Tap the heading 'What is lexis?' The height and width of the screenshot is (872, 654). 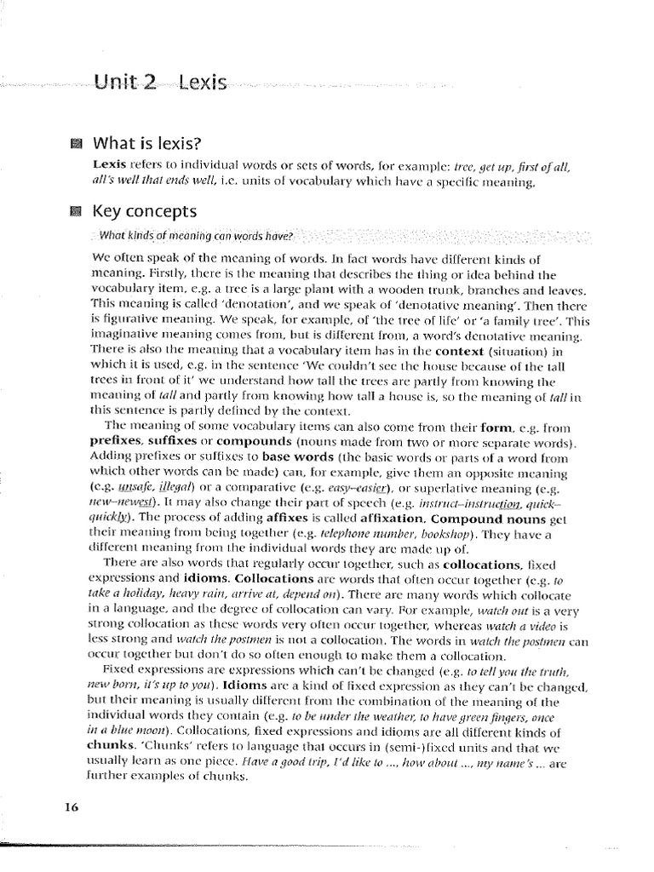click(x=152, y=143)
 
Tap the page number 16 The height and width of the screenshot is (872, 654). click(x=71, y=807)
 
